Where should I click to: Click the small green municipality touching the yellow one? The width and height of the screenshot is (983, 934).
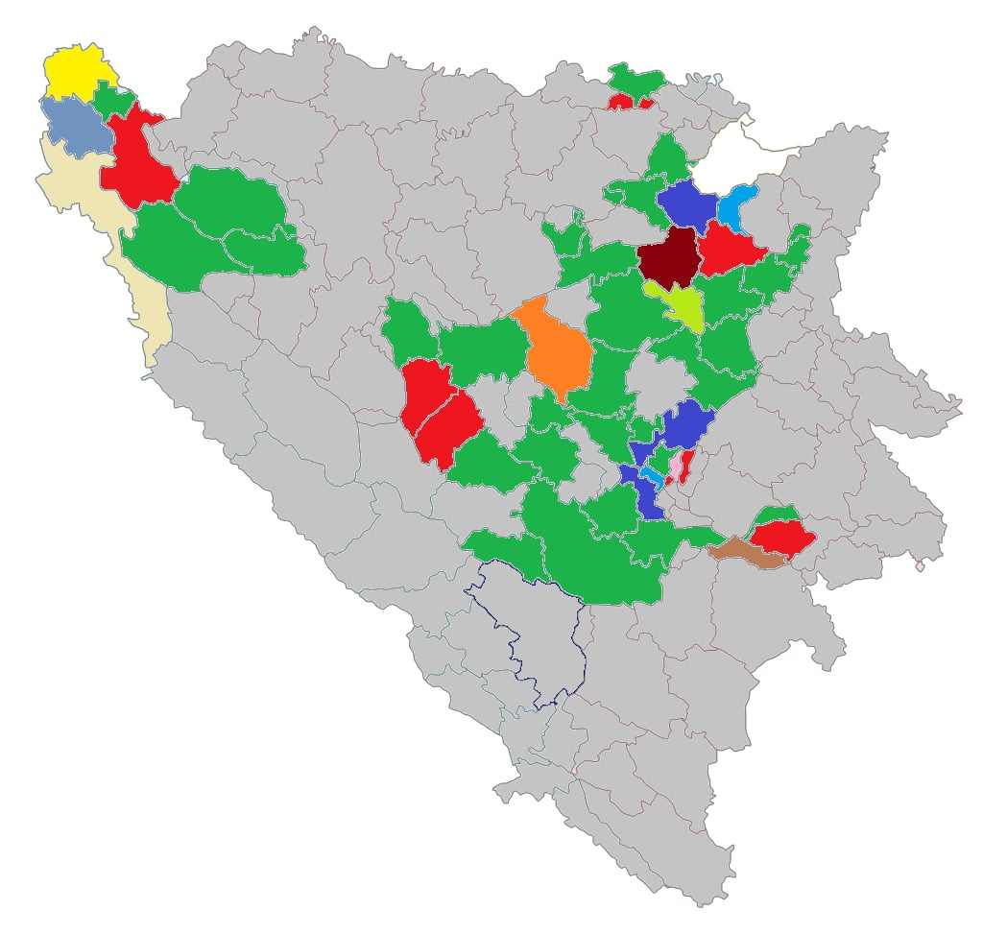coord(113,101)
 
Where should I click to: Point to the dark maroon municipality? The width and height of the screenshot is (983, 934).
coord(668,256)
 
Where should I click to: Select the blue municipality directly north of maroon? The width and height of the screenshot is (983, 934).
coord(687,203)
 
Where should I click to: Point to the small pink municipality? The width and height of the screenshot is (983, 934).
coord(676,467)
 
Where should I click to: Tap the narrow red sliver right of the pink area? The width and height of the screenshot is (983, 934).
coord(688,466)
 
